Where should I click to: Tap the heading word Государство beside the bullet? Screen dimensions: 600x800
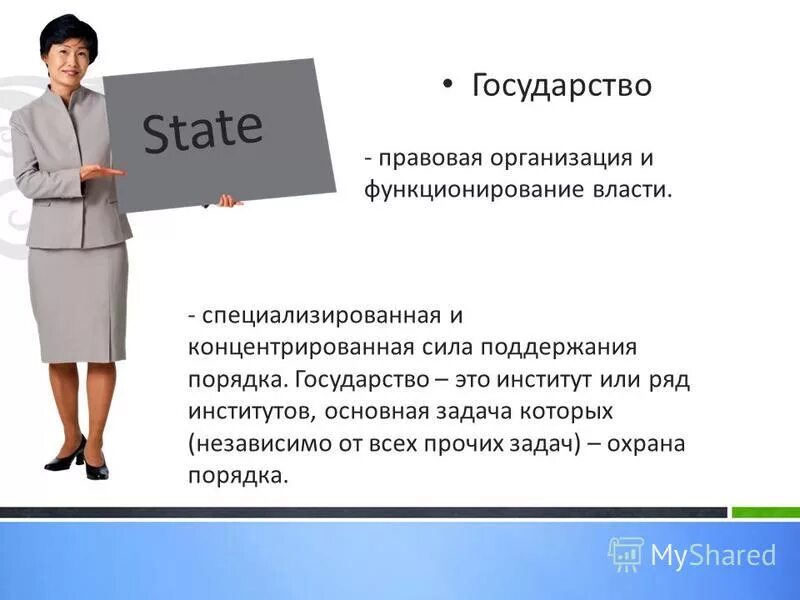pos(562,85)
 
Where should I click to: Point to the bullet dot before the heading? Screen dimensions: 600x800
pos(449,84)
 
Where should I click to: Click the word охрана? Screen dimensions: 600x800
pos(649,442)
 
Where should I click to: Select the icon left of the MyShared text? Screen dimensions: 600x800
pos(626,553)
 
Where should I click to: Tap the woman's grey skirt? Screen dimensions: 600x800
pos(78,300)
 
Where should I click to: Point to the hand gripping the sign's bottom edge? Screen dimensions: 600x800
pos(229,201)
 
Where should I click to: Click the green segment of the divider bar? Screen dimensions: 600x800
pos(765,513)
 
